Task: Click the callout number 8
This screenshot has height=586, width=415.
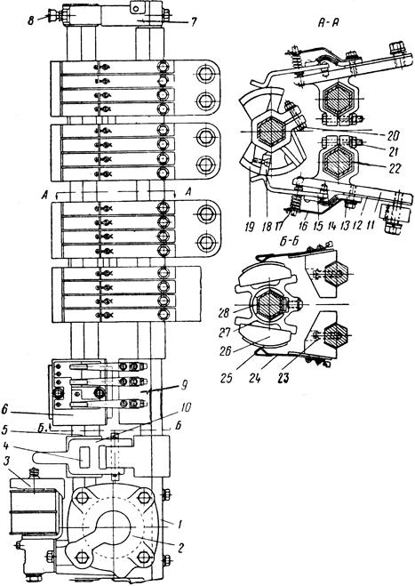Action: click(32, 20)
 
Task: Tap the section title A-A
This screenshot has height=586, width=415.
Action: click(328, 24)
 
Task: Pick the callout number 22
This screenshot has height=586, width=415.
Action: click(394, 169)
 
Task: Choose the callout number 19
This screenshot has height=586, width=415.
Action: click(251, 227)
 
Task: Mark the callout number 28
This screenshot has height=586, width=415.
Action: click(225, 312)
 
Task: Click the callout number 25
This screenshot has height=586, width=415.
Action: click(226, 378)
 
